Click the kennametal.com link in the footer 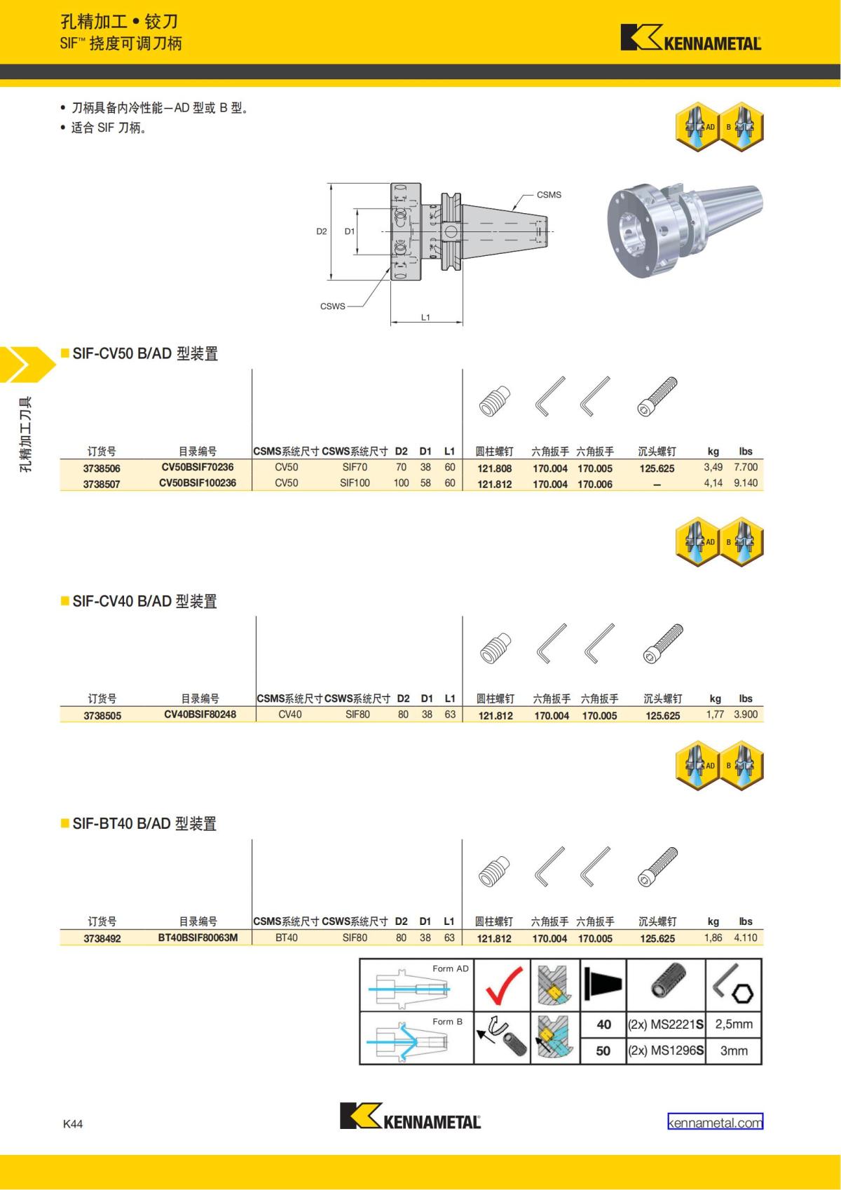(715, 1123)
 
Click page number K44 (73, 1123)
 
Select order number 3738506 (102, 468)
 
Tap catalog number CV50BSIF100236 (198, 483)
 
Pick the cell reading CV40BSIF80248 (200, 715)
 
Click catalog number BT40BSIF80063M (198, 938)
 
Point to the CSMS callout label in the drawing (549, 195)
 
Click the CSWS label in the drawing (332, 306)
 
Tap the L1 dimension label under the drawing (425, 317)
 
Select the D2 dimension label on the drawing (322, 231)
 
